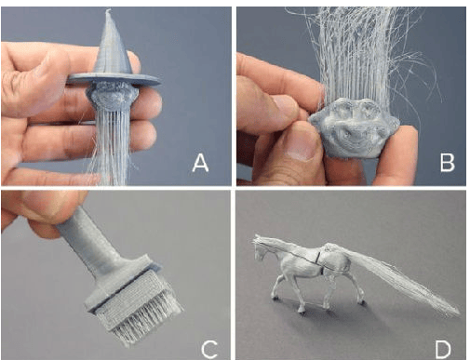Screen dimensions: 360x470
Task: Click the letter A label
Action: pos(200,163)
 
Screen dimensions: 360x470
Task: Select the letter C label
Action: pos(208,349)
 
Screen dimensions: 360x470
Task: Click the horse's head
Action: pos(262,246)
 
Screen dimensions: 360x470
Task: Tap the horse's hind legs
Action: pos(341,293)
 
